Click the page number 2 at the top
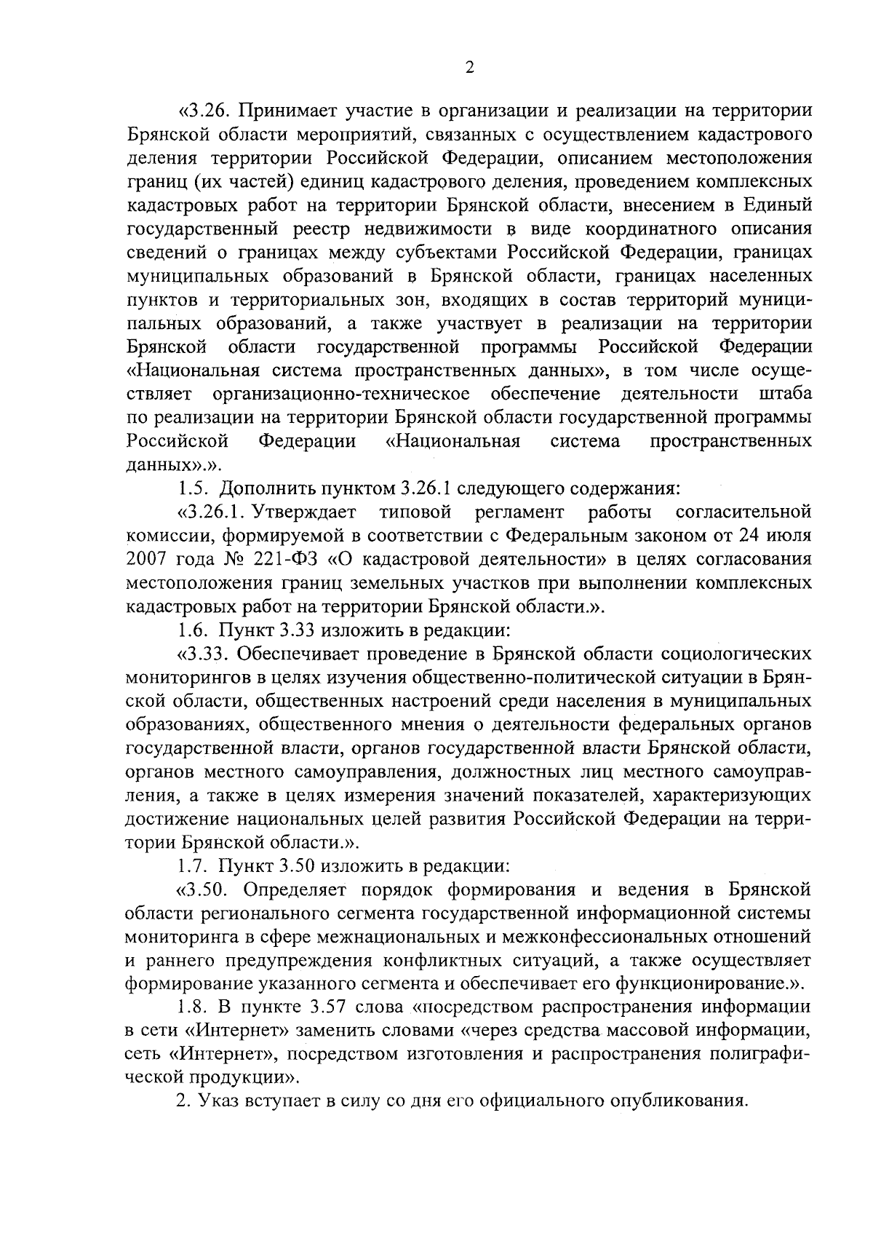point(469,67)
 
